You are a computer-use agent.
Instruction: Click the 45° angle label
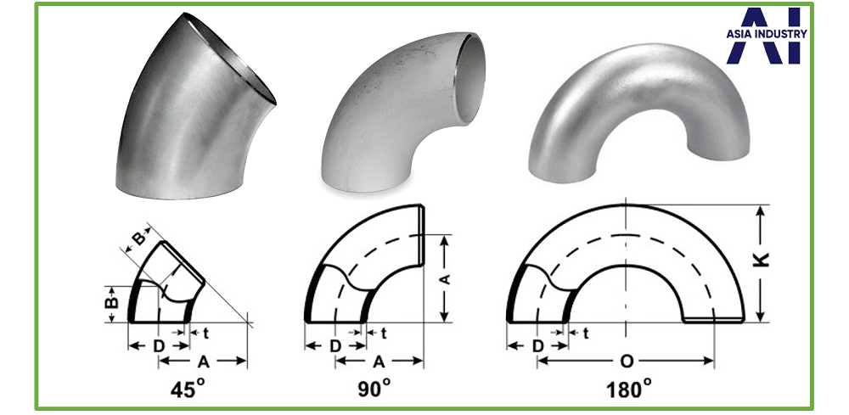click(x=188, y=389)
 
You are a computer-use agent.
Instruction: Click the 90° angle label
click(x=374, y=389)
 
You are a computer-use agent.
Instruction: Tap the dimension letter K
click(x=762, y=261)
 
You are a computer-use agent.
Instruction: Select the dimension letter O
click(x=626, y=362)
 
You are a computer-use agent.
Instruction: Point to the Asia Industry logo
click(x=766, y=35)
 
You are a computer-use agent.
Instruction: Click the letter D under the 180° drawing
click(x=537, y=346)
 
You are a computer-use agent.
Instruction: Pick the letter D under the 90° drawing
click(x=335, y=346)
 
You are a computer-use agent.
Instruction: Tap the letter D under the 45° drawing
click(x=158, y=346)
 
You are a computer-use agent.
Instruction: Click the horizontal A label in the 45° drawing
click(x=204, y=362)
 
